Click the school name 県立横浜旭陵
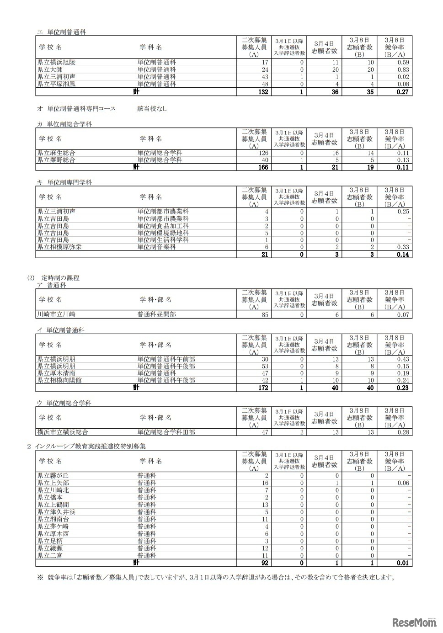pyautogui.click(x=56, y=62)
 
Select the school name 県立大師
pyautogui.click(x=50, y=69)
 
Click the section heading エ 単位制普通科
pyautogui.click(x=61, y=32)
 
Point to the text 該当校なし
pyautogui.click(x=152, y=109)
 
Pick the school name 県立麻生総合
pyautogui.click(x=56, y=153)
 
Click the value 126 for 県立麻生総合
pyautogui.click(x=263, y=153)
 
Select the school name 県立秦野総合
pyautogui.click(x=56, y=160)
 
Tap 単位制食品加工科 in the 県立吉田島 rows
pyautogui.click(x=163, y=226)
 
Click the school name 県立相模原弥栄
pyautogui.click(x=59, y=247)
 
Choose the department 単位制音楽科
pyautogui.click(x=156, y=247)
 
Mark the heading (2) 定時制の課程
pyautogui.click(x=53, y=277)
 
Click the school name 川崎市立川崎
pyautogui.click(x=56, y=314)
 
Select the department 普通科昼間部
pyautogui.click(x=156, y=314)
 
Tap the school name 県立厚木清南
pyautogui.click(x=56, y=373)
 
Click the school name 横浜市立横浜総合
pyautogui.click(x=63, y=432)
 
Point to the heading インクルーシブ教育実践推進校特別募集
pyautogui.click(x=90, y=446)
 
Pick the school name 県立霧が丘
pyautogui.click(x=53, y=475)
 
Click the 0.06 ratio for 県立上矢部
pyautogui.click(x=403, y=483)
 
